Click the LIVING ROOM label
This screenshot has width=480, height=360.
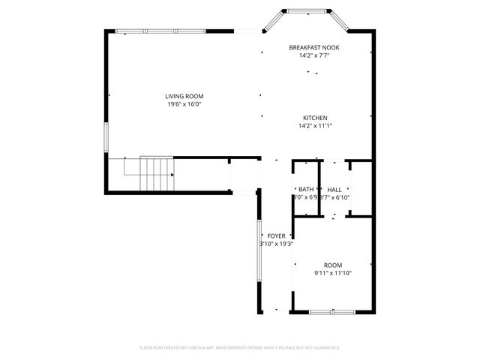pos(184,96)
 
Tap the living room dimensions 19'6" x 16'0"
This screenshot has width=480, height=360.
pos(184,104)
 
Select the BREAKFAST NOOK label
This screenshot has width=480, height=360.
pos(314,47)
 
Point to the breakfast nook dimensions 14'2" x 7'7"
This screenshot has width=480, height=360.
pos(314,55)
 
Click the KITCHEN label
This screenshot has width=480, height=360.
pos(315,118)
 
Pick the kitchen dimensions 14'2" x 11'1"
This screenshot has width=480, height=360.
pos(315,126)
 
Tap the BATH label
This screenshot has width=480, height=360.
pos(306,190)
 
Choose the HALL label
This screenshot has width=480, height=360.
pos(334,190)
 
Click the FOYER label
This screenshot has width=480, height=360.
pos(276,235)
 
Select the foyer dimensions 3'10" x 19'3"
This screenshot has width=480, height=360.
pos(276,244)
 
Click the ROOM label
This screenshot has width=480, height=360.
pos(333,265)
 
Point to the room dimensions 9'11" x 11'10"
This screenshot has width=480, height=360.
pos(333,273)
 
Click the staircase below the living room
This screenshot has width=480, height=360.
pos(157,174)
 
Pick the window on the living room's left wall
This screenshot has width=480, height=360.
pos(106,138)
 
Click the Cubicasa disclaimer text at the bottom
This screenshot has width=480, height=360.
pos(240,348)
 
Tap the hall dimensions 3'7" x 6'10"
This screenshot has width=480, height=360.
pos(335,198)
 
